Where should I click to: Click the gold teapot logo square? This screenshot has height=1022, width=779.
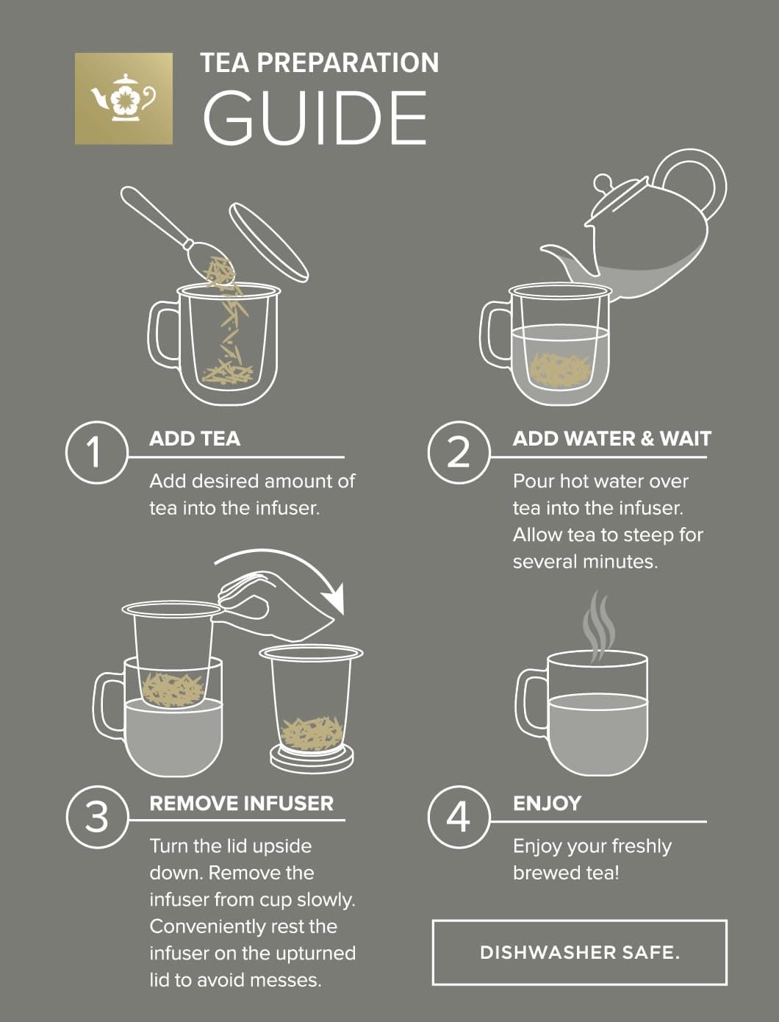(123, 99)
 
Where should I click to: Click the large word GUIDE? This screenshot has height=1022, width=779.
(315, 118)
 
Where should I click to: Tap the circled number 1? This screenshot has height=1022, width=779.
(96, 452)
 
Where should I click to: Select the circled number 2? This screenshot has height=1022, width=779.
(459, 452)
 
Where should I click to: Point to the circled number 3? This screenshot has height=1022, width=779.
(96, 817)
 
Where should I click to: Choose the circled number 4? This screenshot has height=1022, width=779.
(459, 817)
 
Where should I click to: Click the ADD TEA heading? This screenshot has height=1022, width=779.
(195, 439)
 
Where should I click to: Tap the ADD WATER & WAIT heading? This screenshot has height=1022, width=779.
(612, 439)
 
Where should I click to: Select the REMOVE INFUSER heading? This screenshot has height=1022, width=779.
(242, 804)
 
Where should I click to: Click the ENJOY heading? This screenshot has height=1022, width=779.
(548, 804)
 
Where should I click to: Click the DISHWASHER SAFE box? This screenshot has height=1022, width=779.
(580, 952)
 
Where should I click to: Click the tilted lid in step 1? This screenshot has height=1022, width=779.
(269, 242)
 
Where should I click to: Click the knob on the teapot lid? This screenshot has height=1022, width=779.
(603, 182)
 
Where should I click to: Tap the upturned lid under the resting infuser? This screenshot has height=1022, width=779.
(312, 760)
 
